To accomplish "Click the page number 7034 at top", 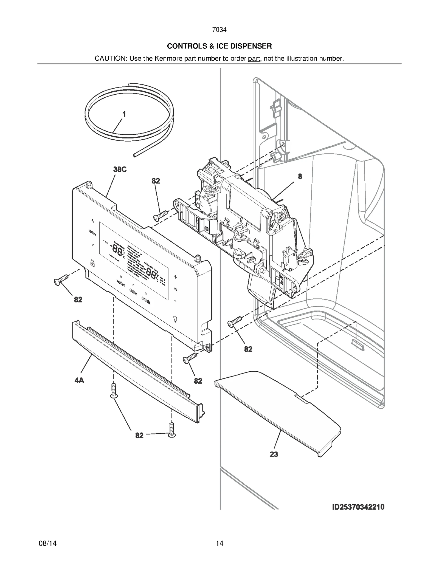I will (219, 30).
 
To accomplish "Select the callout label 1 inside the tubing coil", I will (124, 114).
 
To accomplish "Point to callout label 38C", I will (120, 169).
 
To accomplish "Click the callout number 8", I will (300, 177).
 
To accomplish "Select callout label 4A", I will (79, 380).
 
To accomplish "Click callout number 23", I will (274, 454).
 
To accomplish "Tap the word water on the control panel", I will (121, 282).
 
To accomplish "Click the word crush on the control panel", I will (146, 301).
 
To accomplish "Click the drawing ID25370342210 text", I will (358, 507).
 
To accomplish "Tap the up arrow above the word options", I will (93, 221).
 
